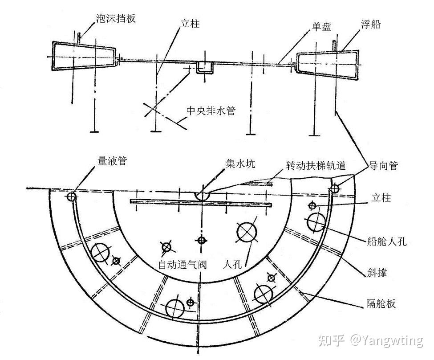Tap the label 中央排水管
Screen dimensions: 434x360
[x=210, y=111]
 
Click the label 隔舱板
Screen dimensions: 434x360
[x=381, y=304]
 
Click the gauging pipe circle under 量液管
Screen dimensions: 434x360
[x=71, y=196]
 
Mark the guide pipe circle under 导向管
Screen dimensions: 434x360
[x=335, y=189]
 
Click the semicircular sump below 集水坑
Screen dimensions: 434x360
[x=202, y=196]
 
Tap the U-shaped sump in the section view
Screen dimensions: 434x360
[x=205, y=68]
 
